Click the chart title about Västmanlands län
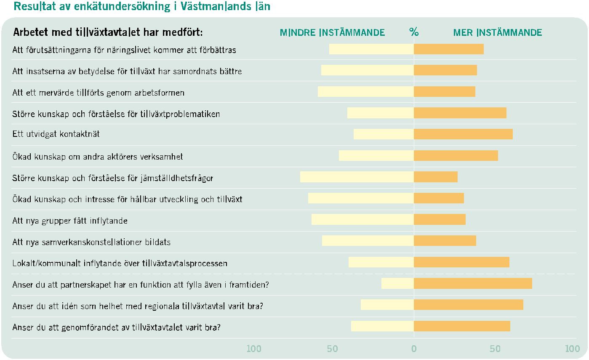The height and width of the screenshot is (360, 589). point(142,6)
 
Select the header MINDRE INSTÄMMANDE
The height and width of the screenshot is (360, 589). point(332,32)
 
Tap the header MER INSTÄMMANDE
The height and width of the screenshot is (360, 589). point(498,32)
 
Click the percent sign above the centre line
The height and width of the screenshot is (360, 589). point(414,32)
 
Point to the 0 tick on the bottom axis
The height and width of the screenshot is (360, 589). point(414,349)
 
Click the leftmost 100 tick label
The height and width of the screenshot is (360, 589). point(254,349)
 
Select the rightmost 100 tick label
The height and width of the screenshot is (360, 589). point(573,349)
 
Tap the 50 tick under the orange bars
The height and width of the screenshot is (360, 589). point(495,349)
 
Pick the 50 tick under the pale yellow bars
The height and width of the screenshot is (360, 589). point(332,349)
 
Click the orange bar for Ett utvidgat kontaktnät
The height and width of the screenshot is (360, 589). point(463,134)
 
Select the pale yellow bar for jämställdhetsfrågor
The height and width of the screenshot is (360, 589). point(357,177)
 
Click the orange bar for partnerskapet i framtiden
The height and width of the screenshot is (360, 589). point(473,283)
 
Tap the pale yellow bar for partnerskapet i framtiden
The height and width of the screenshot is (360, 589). point(397,283)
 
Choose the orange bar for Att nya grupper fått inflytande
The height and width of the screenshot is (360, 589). point(440,219)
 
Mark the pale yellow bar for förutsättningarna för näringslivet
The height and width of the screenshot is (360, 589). point(371,49)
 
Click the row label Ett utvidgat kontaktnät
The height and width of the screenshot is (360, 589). point(56,134)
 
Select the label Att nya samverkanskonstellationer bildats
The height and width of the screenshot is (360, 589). point(91,242)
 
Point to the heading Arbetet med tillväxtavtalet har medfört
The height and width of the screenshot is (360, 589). point(108,32)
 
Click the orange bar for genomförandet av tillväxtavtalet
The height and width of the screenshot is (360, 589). point(462,326)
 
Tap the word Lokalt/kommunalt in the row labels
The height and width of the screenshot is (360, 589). point(46,263)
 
